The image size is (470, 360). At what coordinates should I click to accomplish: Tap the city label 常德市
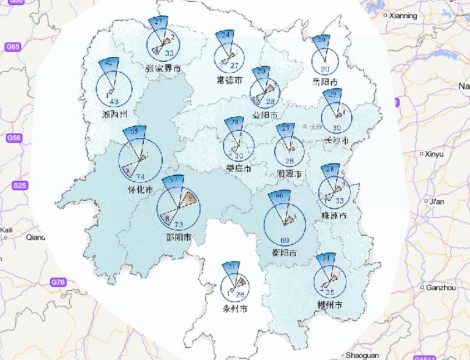pyautogui.click(x=229, y=80)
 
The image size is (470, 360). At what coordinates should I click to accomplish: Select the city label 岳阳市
pyautogui.click(x=325, y=82)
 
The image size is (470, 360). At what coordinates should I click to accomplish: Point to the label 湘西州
pyautogui.click(x=114, y=114)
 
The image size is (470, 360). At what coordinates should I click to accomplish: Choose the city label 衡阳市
pyautogui.click(x=285, y=253)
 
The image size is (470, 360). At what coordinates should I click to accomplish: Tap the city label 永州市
pyautogui.click(x=236, y=309)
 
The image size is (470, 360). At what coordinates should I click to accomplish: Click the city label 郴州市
pyautogui.click(x=329, y=304)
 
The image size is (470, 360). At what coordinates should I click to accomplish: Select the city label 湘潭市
pyautogui.click(x=289, y=174)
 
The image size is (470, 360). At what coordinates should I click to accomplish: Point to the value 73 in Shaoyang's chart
pyautogui.click(x=179, y=225)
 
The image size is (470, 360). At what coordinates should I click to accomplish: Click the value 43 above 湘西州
pyautogui.click(x=114, y=102)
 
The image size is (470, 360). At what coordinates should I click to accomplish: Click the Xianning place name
pyautogui.click(x=403, y=15)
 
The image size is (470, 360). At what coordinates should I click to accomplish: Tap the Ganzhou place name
pyautogui.click(x=440, y=287)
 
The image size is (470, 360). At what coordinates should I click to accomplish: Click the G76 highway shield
pyautogui.click(x=58, y=282)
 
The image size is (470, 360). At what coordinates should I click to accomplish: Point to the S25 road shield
pyautogui.click(x=20, y=186)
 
